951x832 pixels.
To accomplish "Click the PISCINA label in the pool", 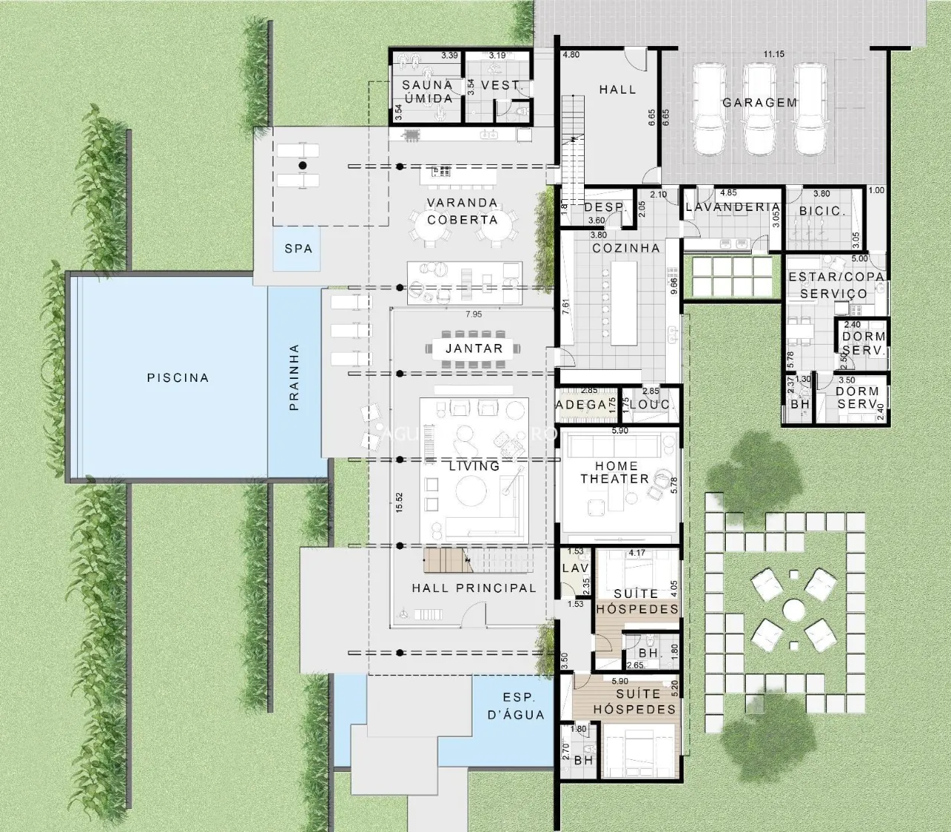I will tap(178, 377).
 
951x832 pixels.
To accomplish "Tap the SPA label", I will tap(298, 249).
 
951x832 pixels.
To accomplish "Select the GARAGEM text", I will tap(759, 103).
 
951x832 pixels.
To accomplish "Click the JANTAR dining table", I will tap(474, 348).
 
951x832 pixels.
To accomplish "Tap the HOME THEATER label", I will tap(614, 472).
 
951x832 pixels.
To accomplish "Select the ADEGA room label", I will tap(581, 405).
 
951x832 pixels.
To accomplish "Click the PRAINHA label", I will tap(294, 377).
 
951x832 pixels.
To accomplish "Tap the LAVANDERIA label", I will tap(732, 207).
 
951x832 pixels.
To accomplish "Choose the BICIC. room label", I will tap(822, 211).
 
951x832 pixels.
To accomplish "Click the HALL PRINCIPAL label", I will tap(474, 588).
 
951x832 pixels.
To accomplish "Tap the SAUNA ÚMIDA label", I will tap(427, 91).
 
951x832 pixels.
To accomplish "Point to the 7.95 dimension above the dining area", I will tap(473, 315).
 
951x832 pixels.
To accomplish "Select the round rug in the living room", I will tap(473, 490).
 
